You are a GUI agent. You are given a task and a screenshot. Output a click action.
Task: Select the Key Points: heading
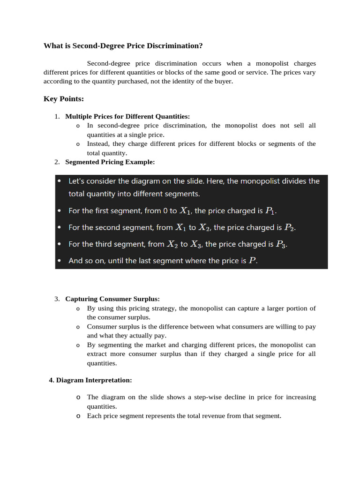pyautogui.click(x=63, y=99)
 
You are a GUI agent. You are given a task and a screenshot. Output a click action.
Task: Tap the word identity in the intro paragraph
pyautogui.click(x=194, y=81)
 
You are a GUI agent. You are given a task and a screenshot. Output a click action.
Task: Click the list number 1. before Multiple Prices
pyautogui.click(x=57, y=116)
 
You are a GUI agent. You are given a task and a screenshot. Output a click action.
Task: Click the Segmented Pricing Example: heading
pyautogui.click(x=110, y=162)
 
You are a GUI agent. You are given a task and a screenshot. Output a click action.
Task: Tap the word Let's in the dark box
pyautogui.click(x=78, y=181)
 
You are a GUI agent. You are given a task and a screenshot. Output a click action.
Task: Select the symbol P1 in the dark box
pyautogui.click(x=271, y=211)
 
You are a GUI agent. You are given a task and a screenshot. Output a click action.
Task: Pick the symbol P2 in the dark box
pyautogui.click(x=289, y=228)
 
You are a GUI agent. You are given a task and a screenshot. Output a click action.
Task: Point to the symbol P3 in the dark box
pyautogui.click(x=280, y=244)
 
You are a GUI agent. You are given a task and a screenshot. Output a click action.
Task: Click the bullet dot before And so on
pyautogui.click(x=59, y=261)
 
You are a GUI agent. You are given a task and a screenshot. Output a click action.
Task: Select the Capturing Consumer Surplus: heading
pyautogui.click(x=112, y=299)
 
